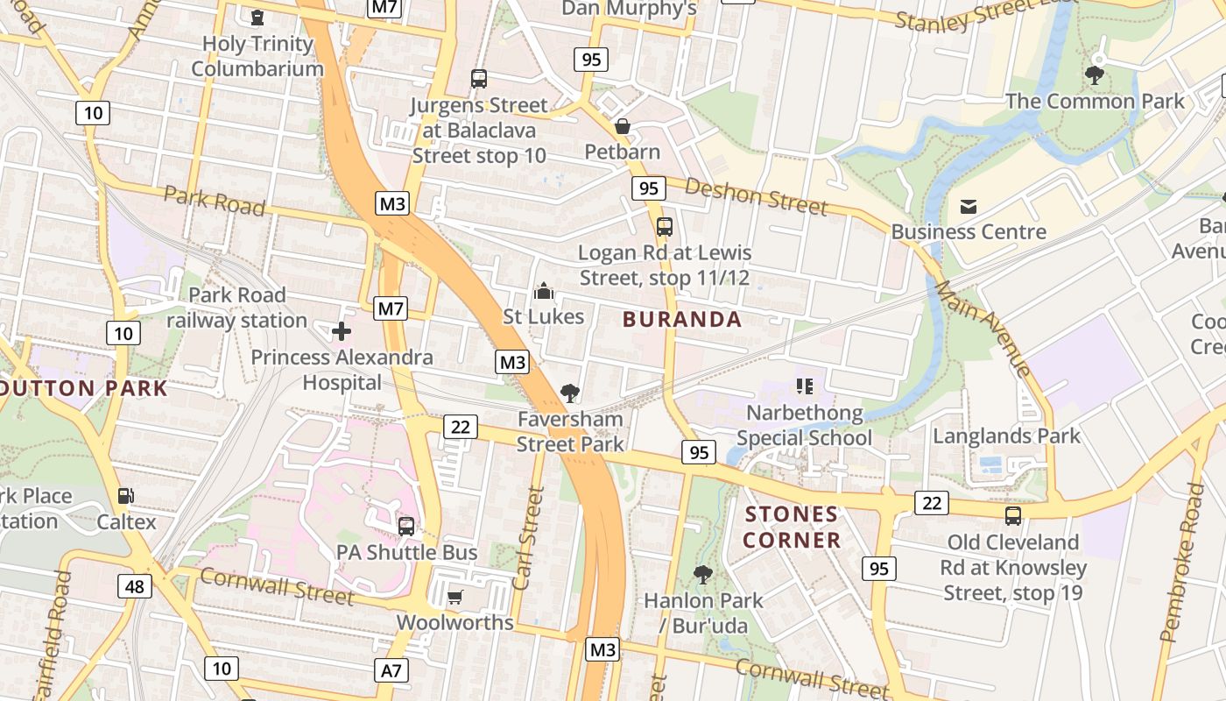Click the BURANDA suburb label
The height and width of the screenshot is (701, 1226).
[682, 319]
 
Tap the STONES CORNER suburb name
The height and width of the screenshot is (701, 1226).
[792, 527]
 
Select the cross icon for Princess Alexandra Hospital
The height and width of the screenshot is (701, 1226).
[342, 331]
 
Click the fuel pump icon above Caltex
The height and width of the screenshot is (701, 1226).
[126, 497]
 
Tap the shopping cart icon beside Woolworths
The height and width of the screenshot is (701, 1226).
[454, 598]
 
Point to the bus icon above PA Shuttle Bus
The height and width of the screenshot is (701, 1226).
[406, 526]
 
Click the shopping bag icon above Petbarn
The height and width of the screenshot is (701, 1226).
[623, 126]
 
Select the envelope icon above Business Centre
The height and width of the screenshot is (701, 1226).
[969, 207]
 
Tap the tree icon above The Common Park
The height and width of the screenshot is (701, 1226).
[1094, 75]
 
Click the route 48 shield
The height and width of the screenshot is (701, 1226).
[134, 585]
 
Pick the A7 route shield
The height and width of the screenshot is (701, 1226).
[391, 671]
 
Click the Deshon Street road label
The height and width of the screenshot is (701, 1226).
[756, 196]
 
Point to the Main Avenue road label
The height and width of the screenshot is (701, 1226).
[983, 328]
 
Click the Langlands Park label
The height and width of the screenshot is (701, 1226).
[1006, 435]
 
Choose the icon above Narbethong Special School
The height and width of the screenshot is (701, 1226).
[805, 386]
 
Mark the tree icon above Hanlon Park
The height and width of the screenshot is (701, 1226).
[702, 575]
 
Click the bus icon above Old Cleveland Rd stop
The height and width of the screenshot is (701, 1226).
[1013, 516]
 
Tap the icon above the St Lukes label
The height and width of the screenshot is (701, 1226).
[544, 290]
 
